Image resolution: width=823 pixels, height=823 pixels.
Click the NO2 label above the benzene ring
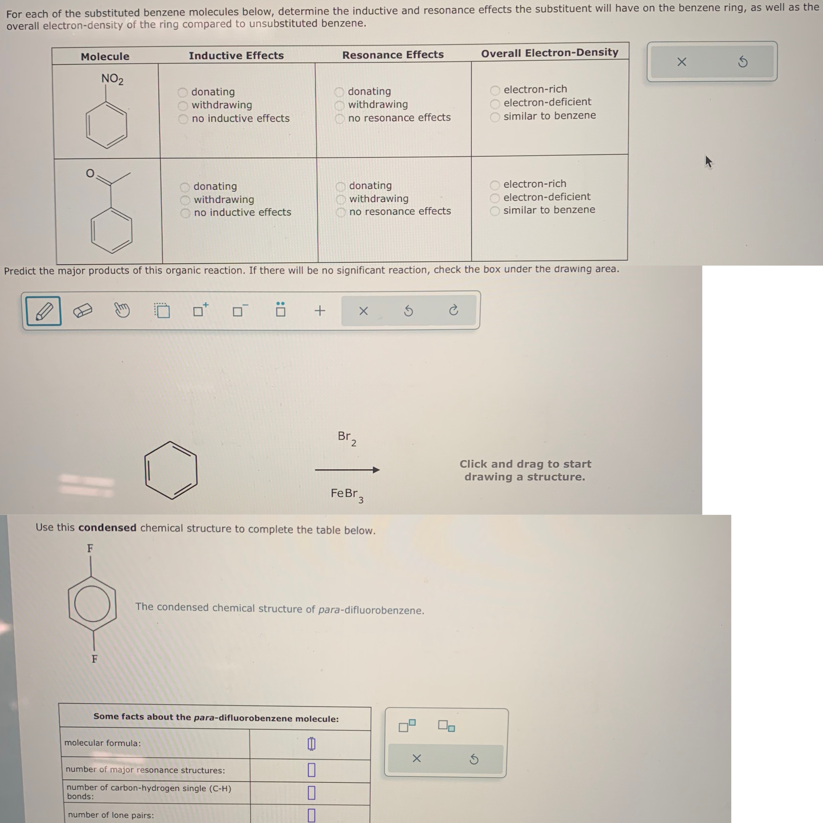pyautogui.click(x=112, y=79)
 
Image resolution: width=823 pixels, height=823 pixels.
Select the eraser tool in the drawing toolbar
pyautogui.click(x=83, y=311)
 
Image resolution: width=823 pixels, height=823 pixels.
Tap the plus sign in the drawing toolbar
pyautogui.click(x=320, y=311)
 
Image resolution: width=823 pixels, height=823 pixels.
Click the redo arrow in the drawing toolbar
pyautogui.click(x=453, y=310)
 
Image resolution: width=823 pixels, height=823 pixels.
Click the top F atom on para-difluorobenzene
pyautogui.click(x=90, y=548)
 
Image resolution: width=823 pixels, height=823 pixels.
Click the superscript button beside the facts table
pyautogui.click(x=407, y=725)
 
